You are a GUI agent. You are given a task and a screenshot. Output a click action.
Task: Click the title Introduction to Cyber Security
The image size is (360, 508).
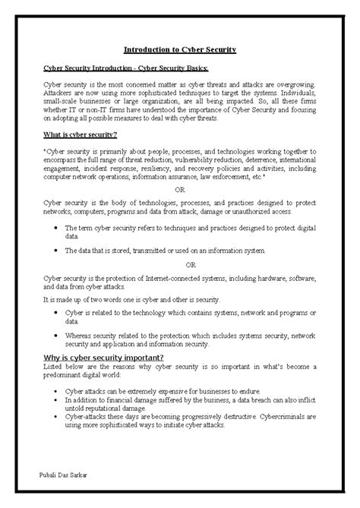click(x=180, y=49)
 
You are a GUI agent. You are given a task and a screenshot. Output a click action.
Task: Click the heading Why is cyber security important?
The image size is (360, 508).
click(x=103, y=358)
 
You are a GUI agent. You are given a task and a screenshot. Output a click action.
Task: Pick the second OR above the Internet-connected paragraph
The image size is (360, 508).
click(x=191, y=265)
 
